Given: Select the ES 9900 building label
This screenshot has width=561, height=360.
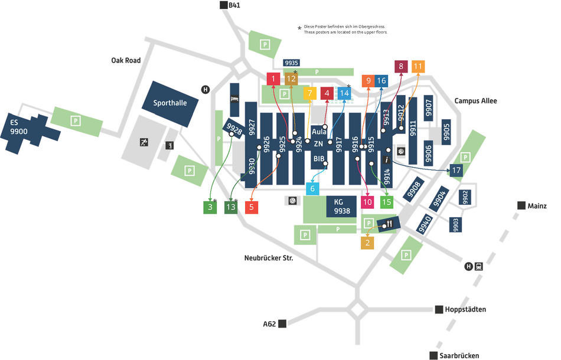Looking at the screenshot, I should [19, 127].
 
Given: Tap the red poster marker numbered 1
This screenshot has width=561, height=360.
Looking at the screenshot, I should [273, 78].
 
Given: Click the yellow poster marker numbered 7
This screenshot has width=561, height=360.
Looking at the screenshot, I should [309, 93].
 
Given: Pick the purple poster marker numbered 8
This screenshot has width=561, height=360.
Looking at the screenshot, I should [401, 66].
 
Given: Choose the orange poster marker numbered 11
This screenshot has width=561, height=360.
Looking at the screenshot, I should [418, 66].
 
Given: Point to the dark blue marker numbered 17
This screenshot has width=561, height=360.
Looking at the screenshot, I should [456, 171].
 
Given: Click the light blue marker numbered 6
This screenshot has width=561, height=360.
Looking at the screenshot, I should [312, 189].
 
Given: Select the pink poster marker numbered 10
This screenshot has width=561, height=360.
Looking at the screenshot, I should [368, 202].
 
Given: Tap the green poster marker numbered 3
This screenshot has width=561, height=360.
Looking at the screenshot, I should [209, 207].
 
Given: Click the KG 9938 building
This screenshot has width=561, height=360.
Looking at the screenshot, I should [342, 207].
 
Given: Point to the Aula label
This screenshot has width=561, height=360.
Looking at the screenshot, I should [319, 132].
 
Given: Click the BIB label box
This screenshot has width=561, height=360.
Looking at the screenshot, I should [319, 159].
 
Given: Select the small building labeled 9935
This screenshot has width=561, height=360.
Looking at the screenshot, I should [292, 63].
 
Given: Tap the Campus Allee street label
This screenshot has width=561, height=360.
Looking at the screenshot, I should [475, 101].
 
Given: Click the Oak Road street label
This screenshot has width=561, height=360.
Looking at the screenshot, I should [126, 60].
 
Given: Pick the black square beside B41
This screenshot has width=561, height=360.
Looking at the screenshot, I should [223, 5].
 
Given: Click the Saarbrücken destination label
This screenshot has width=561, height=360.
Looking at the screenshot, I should [459, 355].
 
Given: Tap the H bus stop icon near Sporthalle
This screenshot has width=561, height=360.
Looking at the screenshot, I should [206, 89].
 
